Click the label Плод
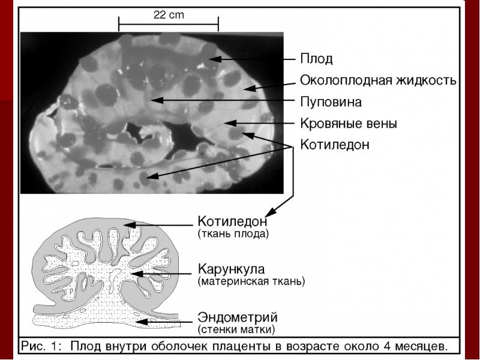coord(316,59)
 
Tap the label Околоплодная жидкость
coord(378,80)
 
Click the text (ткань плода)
coord(233,233)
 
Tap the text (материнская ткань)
coord(251,280)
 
